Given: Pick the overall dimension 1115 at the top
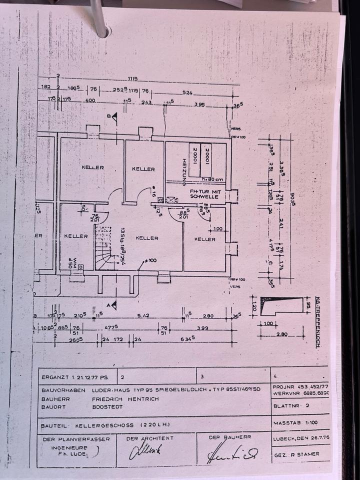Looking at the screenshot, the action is tap(132, 78).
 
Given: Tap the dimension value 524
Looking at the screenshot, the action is tap(187, 92).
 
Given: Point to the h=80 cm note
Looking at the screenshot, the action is tap(212, 179).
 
